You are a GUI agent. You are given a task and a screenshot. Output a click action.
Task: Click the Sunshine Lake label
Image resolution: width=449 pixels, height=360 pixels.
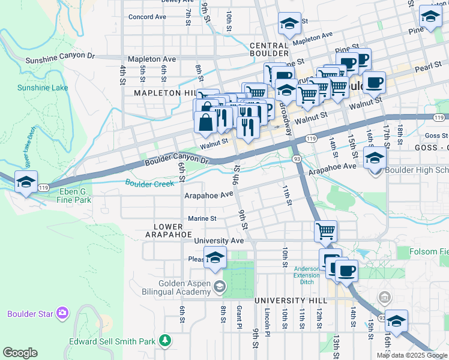tap(43, 88)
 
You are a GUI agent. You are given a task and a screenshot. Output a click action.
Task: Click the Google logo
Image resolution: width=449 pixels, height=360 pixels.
tap(20, 353)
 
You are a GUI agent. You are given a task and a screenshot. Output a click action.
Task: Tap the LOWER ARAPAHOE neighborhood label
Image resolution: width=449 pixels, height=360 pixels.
tap(168, 230)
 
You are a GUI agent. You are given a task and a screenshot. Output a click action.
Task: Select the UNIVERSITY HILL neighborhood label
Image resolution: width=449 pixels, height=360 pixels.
tap(291, 300)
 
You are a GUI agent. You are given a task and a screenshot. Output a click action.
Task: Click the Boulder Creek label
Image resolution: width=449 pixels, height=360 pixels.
tap(149, 183)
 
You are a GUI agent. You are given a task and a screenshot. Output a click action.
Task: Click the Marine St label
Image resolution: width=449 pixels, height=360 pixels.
tap(202, 218)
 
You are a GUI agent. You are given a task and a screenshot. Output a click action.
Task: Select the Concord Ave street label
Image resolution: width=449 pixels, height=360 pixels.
tap(147, 17)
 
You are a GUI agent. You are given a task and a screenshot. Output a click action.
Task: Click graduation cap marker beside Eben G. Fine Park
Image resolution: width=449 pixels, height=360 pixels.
tap(26, 182)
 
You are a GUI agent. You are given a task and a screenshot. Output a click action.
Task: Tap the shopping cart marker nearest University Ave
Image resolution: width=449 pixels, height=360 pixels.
tap(325, 230)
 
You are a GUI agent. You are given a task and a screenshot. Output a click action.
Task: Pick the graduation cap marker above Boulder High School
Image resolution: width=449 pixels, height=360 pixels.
tap(375, 158)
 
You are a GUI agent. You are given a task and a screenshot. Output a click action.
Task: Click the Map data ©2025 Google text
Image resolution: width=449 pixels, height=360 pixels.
tap(412, 355)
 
